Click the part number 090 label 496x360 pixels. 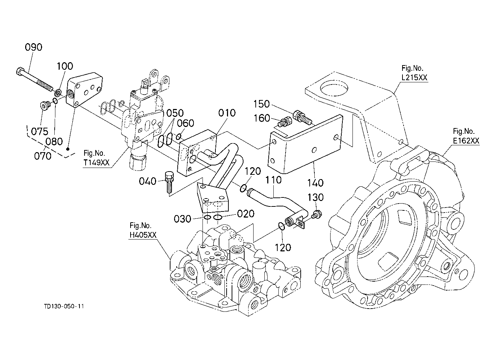point(33,47)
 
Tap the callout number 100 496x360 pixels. point(65,66)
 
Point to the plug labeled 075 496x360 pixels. point(44,106)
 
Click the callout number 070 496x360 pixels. point(43,156)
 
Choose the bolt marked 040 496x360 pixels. point(169,181)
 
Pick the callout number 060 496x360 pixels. point(186,124)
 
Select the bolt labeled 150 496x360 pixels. point(301,117)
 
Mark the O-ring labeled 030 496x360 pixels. point(207,218)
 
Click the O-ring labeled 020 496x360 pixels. point(217,217)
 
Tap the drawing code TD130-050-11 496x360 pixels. point(64,306)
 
